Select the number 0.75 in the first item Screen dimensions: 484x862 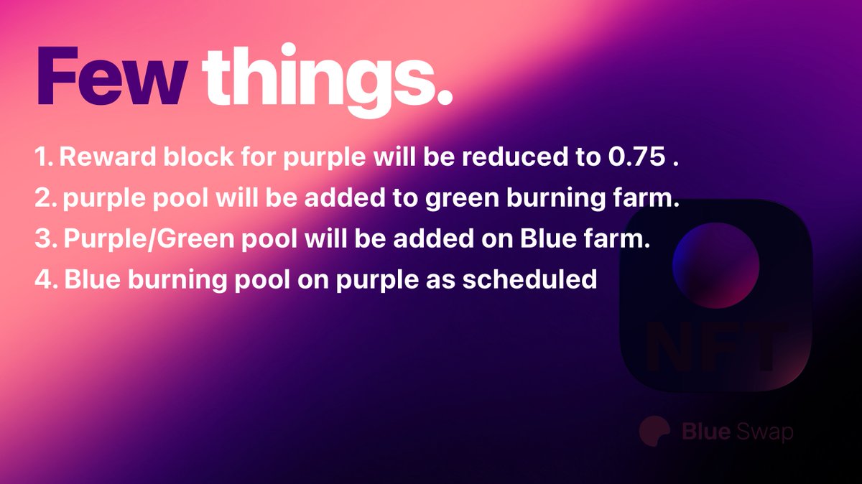pyautogui.click(x=631, y=159)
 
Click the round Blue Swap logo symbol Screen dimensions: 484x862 pyautogui.click(x=654, y=432)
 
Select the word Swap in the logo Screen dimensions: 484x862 pyautogui.click(x=766, y=432)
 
